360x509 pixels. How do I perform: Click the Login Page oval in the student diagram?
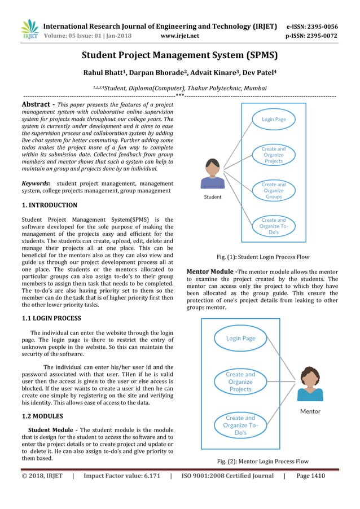(x=273, y=120)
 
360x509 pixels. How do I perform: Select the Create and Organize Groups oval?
(x=273, y=191)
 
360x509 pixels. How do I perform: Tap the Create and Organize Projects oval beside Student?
(x=273, y=155)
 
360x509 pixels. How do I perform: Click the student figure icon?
(x=213, y=174)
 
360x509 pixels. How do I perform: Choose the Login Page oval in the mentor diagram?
(x=240, y=339)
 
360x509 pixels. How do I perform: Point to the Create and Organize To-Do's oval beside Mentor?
(x=240, y=425)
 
